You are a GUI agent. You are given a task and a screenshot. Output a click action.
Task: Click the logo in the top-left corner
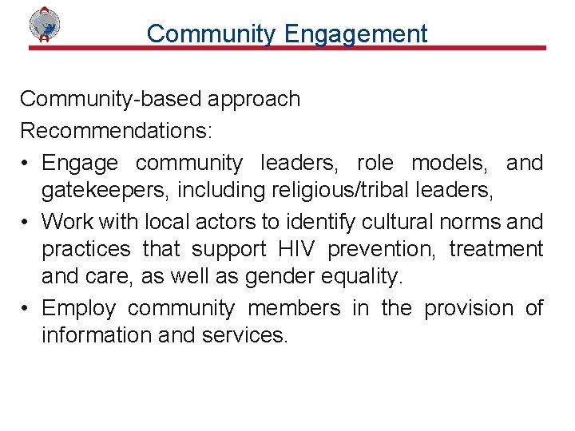point(45,25)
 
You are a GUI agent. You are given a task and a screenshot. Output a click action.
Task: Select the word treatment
point(495,249)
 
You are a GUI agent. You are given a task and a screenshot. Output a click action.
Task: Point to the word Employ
point(78,307)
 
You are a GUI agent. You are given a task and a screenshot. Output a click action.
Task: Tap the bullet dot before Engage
point(26,164)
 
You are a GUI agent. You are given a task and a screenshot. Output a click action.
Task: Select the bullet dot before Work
point(26,221)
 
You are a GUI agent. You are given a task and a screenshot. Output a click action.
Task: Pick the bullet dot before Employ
point(26,308)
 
